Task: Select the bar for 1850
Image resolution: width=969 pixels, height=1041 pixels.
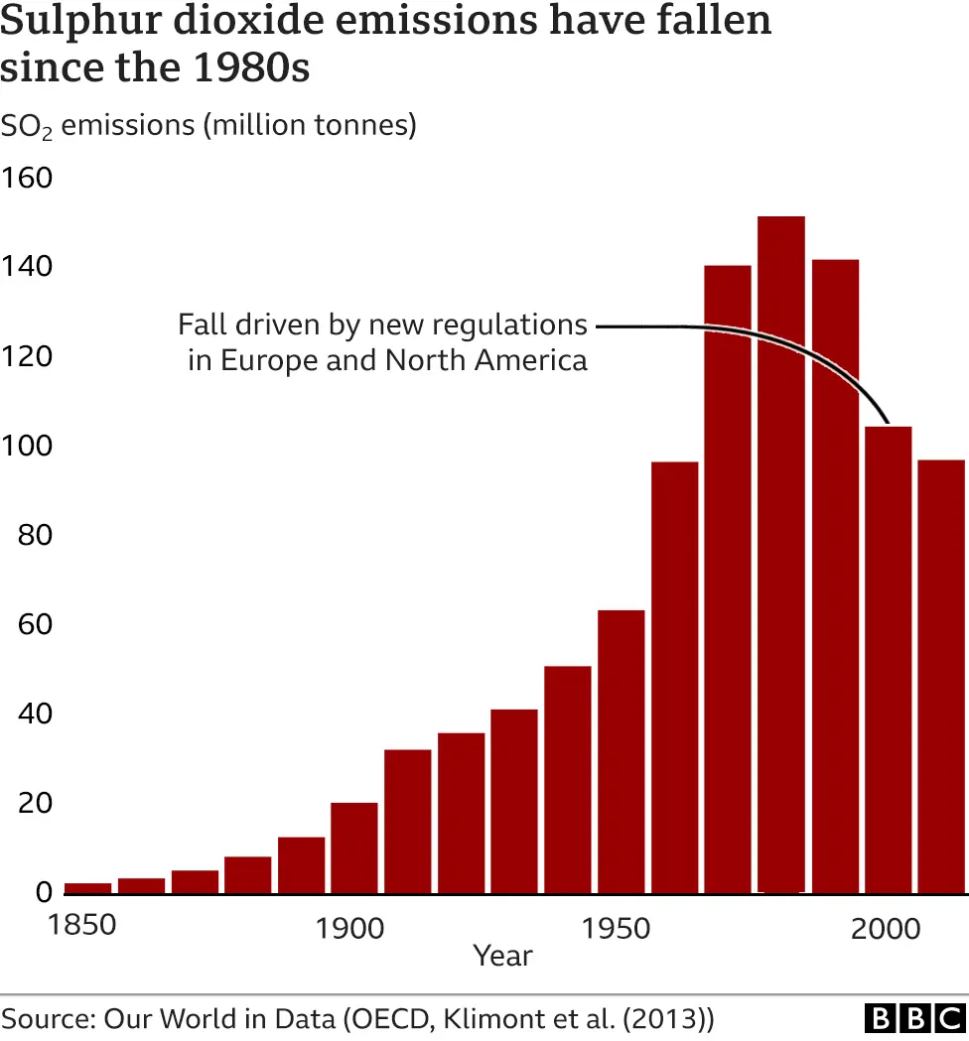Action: pos(87,887)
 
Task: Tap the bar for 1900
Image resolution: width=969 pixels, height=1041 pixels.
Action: pos(353,847)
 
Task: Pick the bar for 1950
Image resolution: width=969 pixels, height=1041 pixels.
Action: pos(621,751)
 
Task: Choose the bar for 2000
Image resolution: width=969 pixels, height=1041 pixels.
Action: pos(888,659)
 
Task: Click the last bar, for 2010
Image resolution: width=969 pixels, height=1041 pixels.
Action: pos(940,676)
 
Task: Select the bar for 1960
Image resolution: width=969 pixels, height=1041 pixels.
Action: pos(674,677)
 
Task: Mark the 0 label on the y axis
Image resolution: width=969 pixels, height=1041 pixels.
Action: pos(43,893)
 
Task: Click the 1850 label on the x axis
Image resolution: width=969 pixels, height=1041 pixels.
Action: pos(82,925)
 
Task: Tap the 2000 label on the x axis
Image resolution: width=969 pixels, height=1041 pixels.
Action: pos(887,929)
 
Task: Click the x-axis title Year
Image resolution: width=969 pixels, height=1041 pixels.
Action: pos(502,957)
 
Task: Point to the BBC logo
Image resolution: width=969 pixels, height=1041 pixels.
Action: pos(914,1018)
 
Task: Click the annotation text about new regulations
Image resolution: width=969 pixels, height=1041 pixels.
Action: pos(383,341)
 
